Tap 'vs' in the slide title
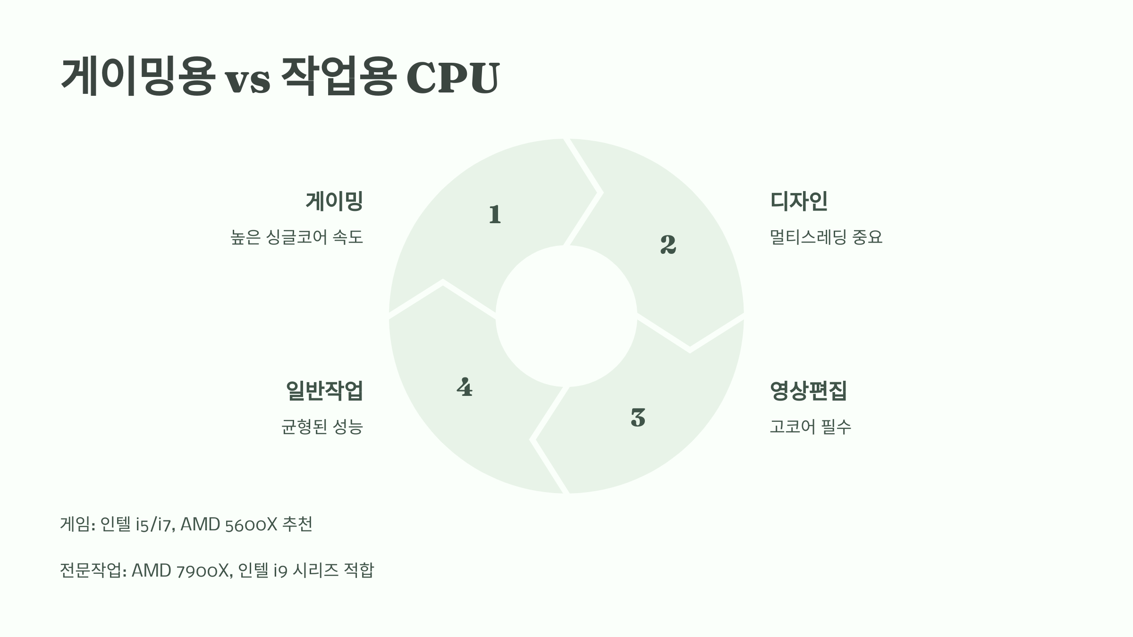tap(247, 80)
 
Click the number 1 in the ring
tap(495, 215)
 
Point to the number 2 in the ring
tap(668, 244)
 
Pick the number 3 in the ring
tap(638, 418)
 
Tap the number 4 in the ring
tap(465, 387)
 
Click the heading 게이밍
tap(334, 201)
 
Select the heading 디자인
tap(799, 201)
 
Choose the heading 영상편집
tap(808, 391)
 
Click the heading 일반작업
tap(324, 391)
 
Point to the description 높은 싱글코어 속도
tap(297, 237)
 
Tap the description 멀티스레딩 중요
tap(826, 237)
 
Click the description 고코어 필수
tap(810, 427)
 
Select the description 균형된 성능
tap(322, 427)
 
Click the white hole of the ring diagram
tap(566, 316)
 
